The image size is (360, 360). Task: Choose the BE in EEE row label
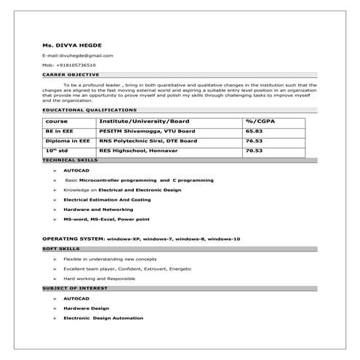click(x=58, y=131)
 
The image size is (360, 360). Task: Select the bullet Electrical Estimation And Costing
click(x=107, y=199)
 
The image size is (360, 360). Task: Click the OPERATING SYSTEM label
click(x=73, y=239)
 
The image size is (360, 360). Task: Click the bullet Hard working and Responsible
click(x=100, y=279)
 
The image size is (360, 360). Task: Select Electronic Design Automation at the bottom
click(x=103, y=318)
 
